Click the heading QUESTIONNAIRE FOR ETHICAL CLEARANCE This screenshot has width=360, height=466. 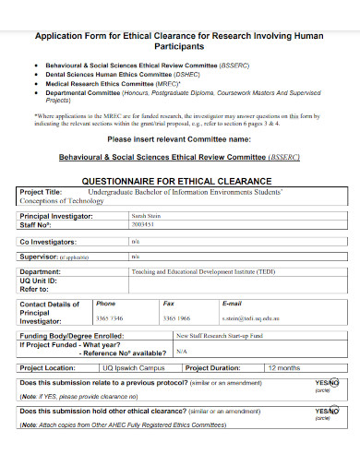[180, 183]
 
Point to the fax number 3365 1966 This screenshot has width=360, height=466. [178, 318]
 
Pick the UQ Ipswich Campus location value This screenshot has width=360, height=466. [138, 366]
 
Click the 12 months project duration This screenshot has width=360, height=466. [283, 366]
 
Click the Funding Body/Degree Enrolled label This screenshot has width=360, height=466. [71, 335]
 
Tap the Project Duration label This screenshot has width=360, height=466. [222, 366]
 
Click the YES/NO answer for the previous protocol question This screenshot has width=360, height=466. [327, 382]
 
